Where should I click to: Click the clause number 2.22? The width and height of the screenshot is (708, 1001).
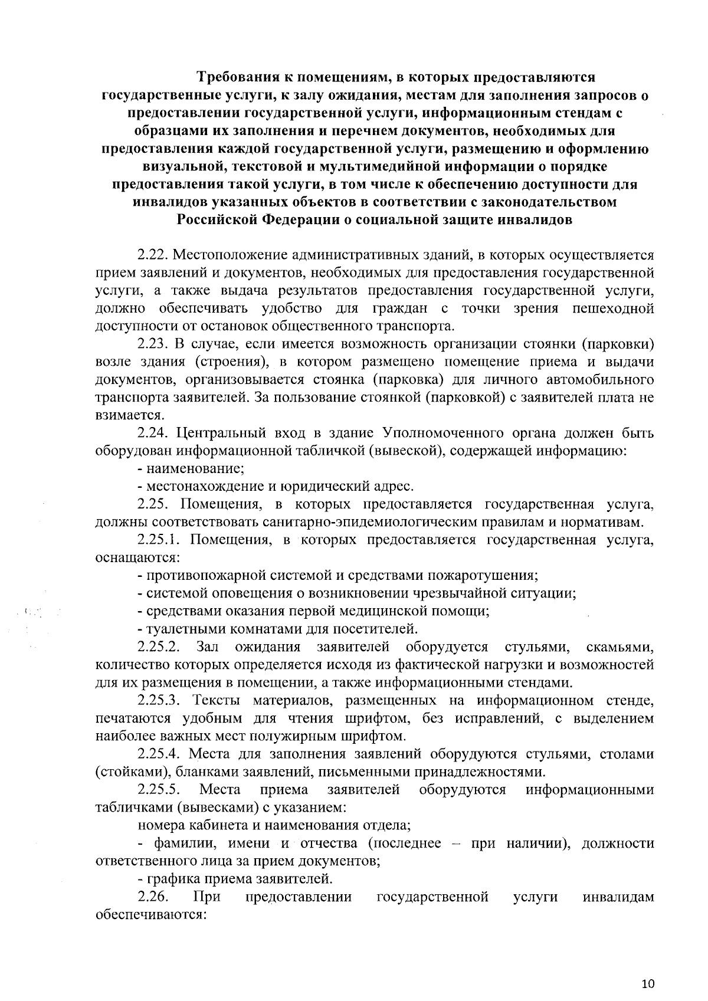154,255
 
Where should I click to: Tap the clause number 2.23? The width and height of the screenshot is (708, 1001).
154,344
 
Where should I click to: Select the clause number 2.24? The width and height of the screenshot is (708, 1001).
154,434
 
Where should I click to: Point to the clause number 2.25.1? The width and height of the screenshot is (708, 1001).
160,540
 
